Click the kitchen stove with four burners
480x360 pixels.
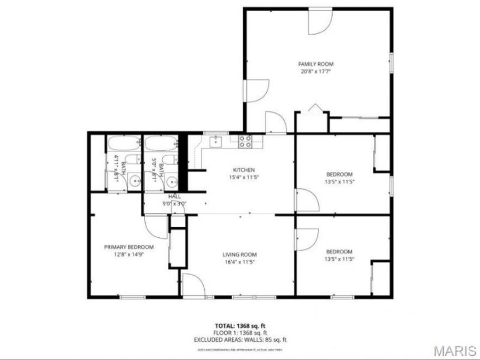point(245,141)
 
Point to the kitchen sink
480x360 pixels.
point(215,141)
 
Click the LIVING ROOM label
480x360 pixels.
point(239,254)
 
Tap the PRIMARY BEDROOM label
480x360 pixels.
point(129,247)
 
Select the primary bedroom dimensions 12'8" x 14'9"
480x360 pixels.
point(129,254)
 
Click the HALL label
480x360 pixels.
point(174,197)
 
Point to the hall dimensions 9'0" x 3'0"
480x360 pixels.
point(174,203)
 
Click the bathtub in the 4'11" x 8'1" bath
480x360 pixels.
point(123,144)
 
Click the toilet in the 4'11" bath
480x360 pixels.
point(135,159)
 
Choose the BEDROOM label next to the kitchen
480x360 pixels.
point(339,174)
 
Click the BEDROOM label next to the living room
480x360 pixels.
point(339,252)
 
